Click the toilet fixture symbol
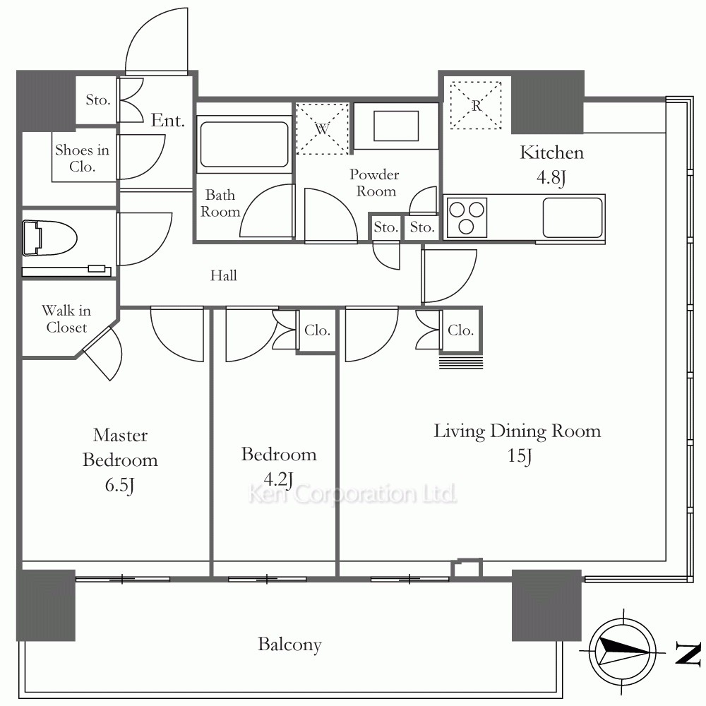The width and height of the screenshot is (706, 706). pos(49,238)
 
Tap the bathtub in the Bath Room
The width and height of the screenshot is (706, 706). pos(244,144)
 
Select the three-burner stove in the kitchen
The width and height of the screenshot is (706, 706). pos(466,217)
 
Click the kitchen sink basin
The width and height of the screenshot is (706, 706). pos(573,217)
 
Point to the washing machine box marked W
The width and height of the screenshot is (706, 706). pos(323,128)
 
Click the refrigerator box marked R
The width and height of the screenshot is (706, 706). pos(476,105)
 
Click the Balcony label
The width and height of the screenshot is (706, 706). pos(289,645)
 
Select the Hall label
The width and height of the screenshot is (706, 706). pos(223,275)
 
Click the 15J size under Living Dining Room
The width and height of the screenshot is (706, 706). pos(520,455)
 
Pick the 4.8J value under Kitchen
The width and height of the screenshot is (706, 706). pos(551,177)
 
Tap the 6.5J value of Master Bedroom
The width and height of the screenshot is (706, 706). pos(120,486)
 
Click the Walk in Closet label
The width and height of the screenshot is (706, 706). pos(66,319)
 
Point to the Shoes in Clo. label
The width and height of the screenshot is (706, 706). pos(82,158)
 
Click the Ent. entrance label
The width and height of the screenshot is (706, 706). pos(167,120)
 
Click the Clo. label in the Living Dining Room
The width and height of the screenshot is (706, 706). pos(460,330)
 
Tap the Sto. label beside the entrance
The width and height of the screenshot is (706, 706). pos(97,100)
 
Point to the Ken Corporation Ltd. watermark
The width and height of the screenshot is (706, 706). pos(352,494)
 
